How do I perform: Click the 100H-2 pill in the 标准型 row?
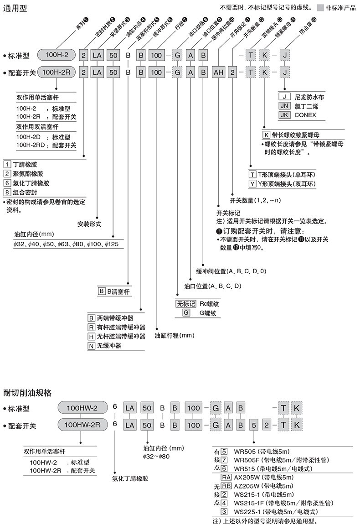pos(57,55)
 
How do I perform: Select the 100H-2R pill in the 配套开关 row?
pos(57,72)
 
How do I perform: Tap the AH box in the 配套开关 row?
pos(218,72)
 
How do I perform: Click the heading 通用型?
pos(15,8)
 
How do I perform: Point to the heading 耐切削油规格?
pos(27,392)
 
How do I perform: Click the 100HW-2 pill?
pos(82,408)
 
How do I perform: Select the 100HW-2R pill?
pos(82,425)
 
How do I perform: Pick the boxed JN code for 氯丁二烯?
pos(284,106)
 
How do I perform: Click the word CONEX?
pos(305,115)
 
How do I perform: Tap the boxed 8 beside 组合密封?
pos(7,192)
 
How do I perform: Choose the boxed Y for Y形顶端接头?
pos(252,183)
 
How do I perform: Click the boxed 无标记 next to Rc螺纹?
pos(186,304)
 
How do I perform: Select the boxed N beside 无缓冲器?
pos(91,346)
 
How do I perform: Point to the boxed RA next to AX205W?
pos(226,477)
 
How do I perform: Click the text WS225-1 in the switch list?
pos(247,512)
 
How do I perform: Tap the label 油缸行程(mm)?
pos(175,335)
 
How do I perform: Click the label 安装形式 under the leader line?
pos(89,224)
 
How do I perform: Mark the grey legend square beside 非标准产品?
pos(320,8)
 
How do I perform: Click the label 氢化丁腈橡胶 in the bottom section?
pos(130,478)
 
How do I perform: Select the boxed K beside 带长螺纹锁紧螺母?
pos(266,135)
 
